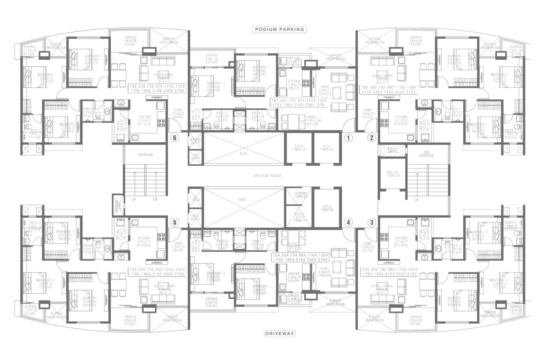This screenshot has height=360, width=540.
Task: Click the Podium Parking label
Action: pyautogui.click(x=279, y=29)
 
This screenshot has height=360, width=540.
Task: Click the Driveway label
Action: pyautogui.click(x=279, y=334)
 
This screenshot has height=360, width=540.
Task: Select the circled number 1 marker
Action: pyautogui.click(x=348, y=138)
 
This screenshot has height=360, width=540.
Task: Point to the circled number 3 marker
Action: pyautogui.click(x=372, y=222)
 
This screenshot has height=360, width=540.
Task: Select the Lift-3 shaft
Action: pyautogui.click(x=326, y=207)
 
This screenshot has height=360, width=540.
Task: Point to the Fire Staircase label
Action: pyautogui.click(x=427, y=154)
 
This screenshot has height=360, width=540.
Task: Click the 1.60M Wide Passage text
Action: pyautogui.click(x=267, y=176)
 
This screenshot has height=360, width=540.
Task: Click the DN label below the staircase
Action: pyautogui.click(x=155, y=200)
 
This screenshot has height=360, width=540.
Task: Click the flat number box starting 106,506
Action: pyautogui.click(x=156, y=89)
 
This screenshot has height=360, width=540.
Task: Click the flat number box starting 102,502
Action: pyautogui.click(x=389, y=89)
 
